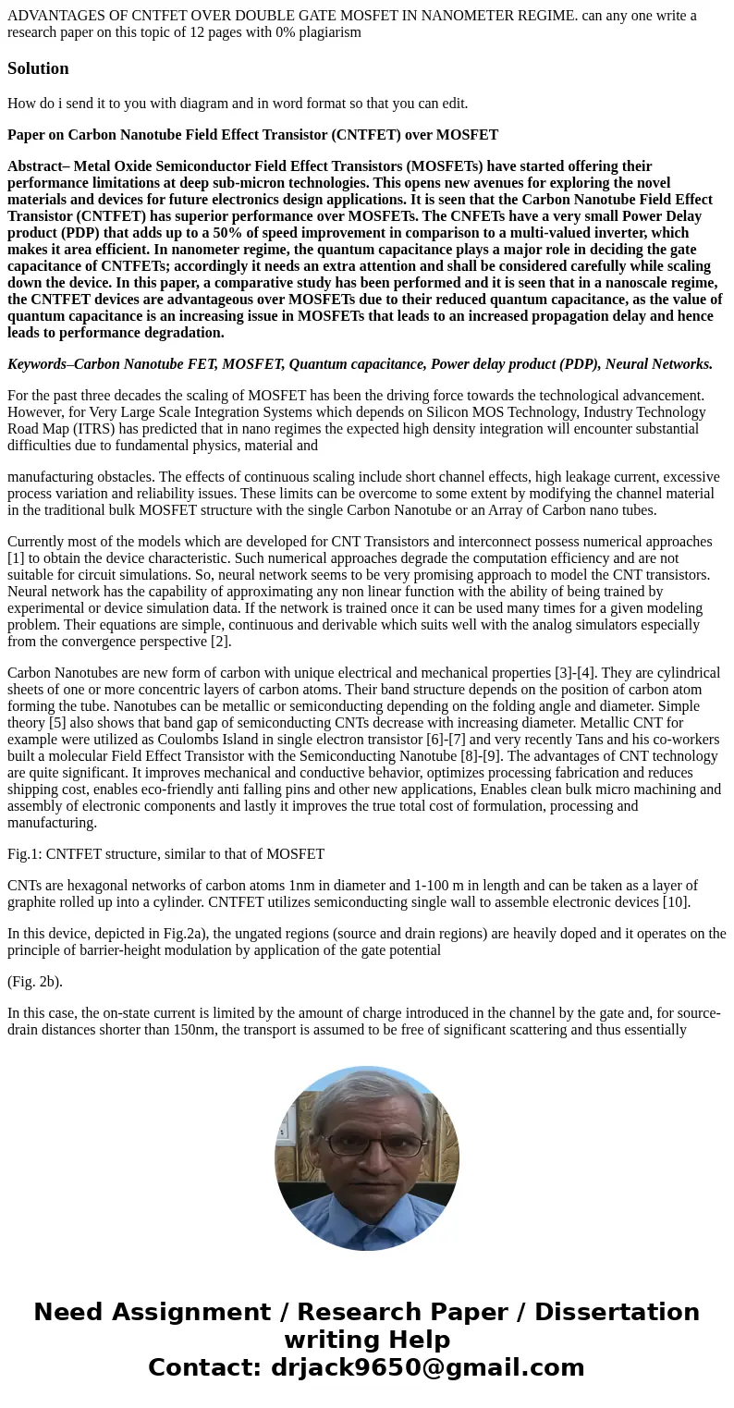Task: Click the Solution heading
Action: (x=38, y=68)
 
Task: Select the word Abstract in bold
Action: (x=34, y=166)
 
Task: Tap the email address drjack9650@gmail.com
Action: (x=427, y=1368)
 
